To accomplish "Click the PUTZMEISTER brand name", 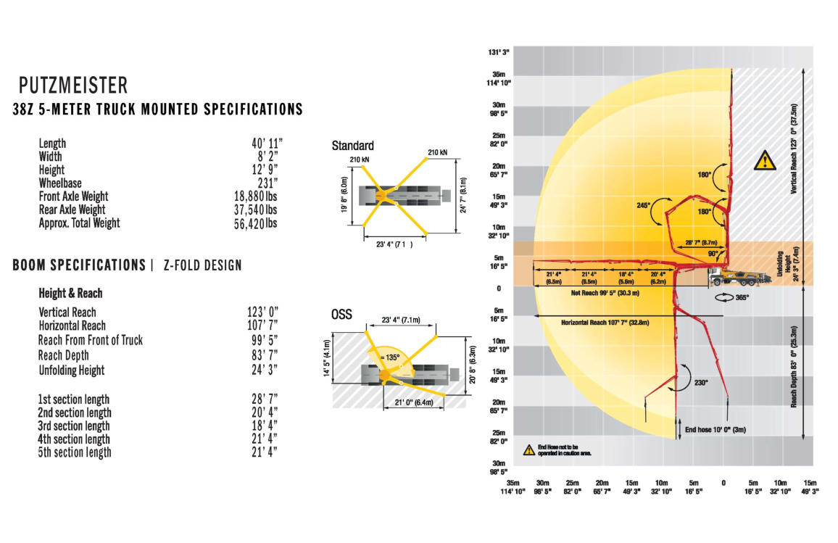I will click(x=73, y=86).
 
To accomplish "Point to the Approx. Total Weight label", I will click(x=80, y=223).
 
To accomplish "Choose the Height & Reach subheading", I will click(x=70, y=294).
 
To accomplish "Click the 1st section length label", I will click(x=74, y=399).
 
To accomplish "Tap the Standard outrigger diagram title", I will click(x=352, y=146).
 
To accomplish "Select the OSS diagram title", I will click(x=342, y=314).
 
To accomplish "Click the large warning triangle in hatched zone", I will click(x=764, y=160).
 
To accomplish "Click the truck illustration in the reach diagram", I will click(x=731, y=276).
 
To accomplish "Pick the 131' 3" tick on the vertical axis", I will click(x=500, y=51).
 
